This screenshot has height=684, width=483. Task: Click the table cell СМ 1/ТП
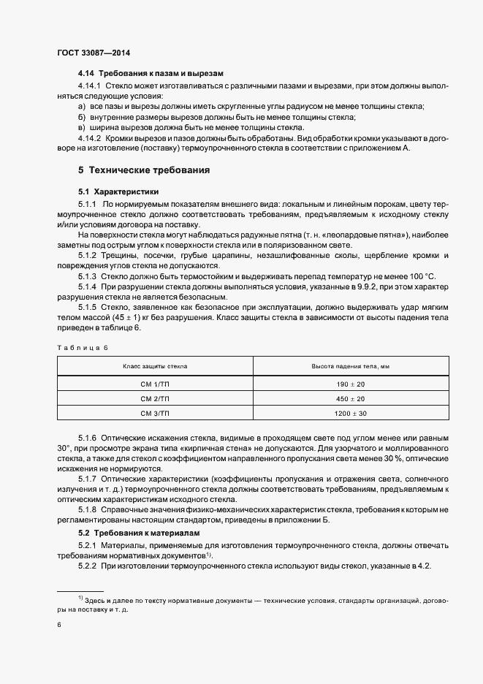[x=154, y=384]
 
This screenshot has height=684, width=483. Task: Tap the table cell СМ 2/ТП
[x=154, y=399]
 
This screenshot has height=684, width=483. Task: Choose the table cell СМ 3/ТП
[x=154, y=414]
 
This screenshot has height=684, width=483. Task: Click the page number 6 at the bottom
[x=58, y=625]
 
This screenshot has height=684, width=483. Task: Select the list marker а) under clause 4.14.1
[x=81, y=107]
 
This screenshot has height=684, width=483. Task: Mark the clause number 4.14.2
[x=89, y=137]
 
